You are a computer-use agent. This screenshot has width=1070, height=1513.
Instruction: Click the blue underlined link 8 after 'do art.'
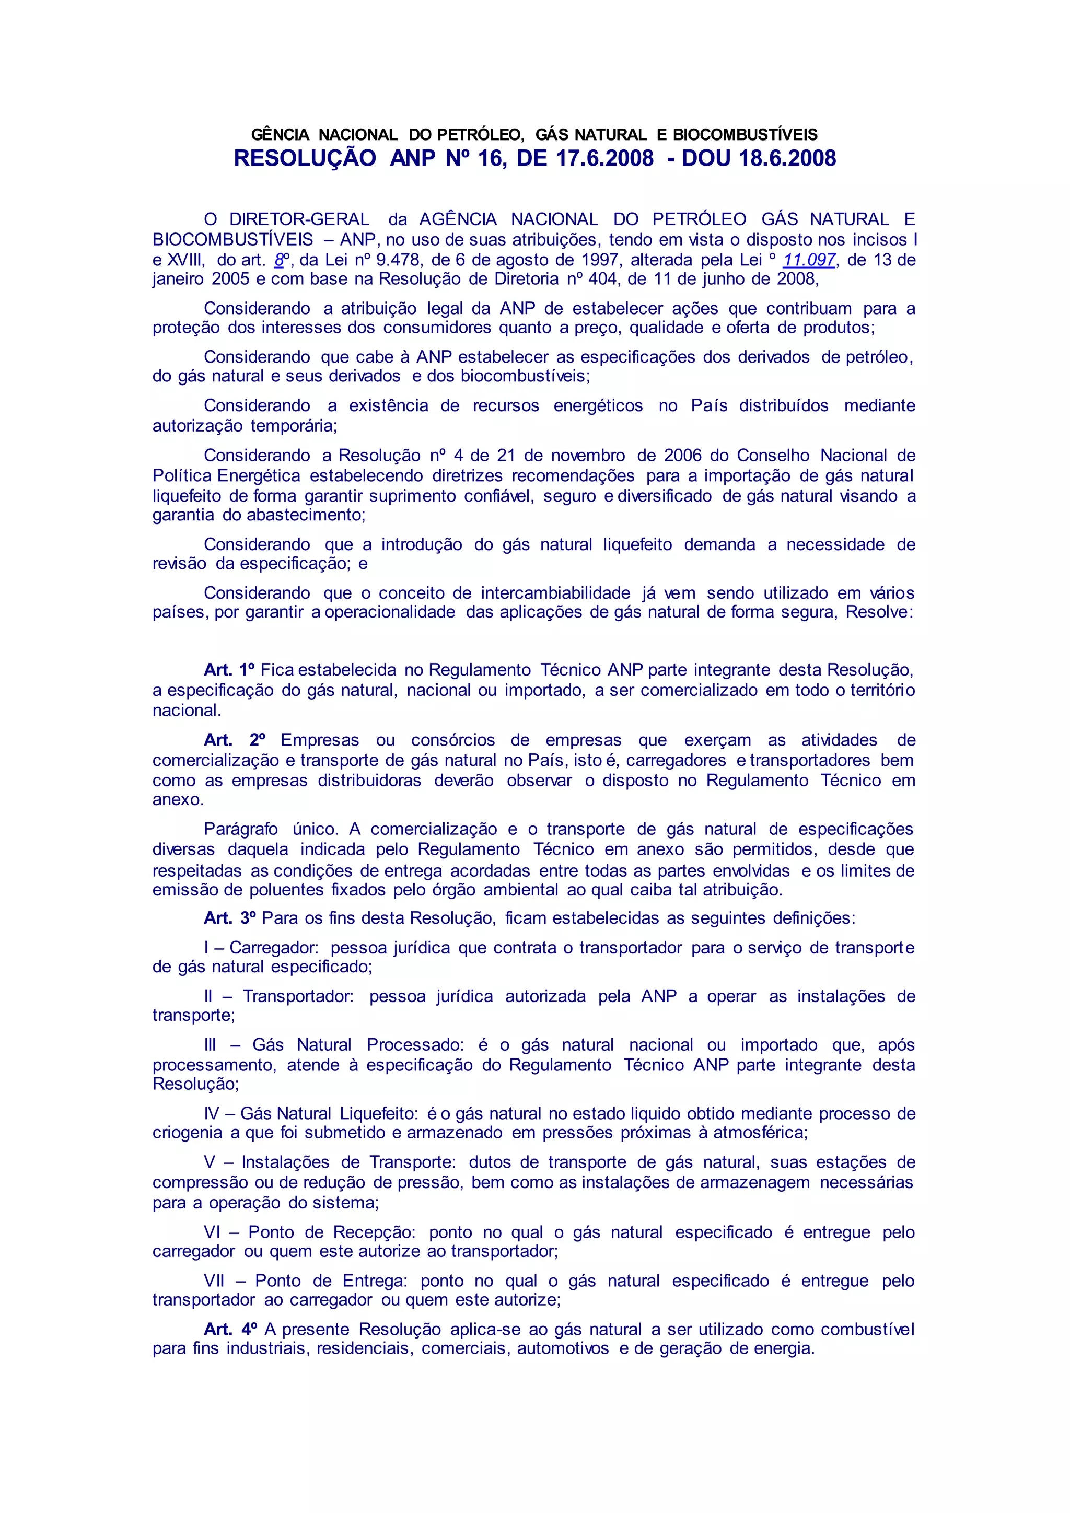pyautogui.click(x=278, y=260)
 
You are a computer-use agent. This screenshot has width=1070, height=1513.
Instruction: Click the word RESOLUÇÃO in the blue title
pyautogui.click(x=305, y=158)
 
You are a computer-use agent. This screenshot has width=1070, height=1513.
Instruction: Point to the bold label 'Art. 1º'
pyautogui.click(x=229, y=670)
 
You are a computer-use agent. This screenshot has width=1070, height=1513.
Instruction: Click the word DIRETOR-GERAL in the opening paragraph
pyautogui.click(x=299, y=219)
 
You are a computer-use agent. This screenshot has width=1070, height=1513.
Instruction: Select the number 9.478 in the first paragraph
pyautogui.click(x=398, y=260)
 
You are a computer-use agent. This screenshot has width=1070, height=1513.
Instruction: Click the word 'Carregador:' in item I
pyautogui.click(x=274, y=948)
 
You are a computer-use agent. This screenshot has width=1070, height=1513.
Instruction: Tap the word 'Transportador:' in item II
pyautogui.click(x=298, y=996)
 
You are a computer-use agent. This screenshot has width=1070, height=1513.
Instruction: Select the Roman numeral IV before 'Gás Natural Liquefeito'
pyautogui.click(x=212, y=1114)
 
